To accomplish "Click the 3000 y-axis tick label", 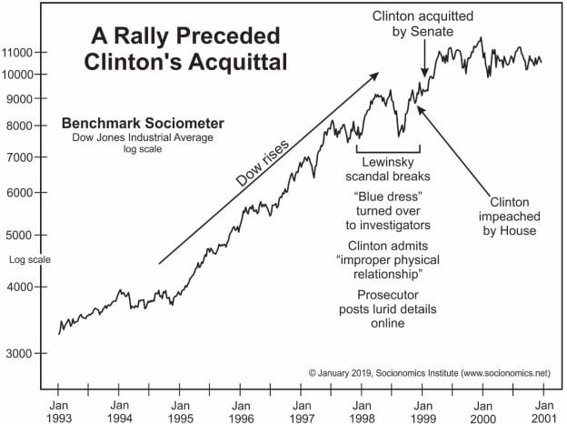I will click(x=22, y=353).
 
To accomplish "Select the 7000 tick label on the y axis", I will click(x=22, y=157).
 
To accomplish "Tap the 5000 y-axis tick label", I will click(x=22, y=236).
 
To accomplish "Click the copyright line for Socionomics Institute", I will click(x=429, y=373).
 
